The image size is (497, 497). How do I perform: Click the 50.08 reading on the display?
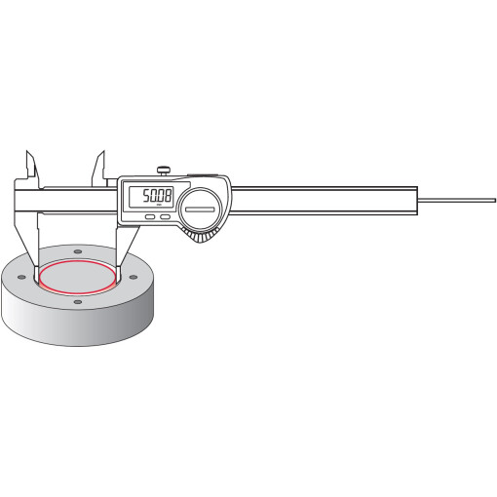click(157, 196)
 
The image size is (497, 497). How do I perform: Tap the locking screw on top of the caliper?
click(165, 171)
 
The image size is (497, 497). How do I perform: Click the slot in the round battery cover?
click(200, 210)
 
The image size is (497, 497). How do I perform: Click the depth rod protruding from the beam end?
click(457, 201)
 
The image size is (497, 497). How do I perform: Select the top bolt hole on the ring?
click(78, 251)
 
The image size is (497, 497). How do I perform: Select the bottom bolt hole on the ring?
click(78, 302)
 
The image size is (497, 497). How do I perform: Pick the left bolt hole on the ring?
click(21, 277)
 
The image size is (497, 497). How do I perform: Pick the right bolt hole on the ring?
click(134, 277)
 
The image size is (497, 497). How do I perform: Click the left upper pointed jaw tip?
click(26, 151)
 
